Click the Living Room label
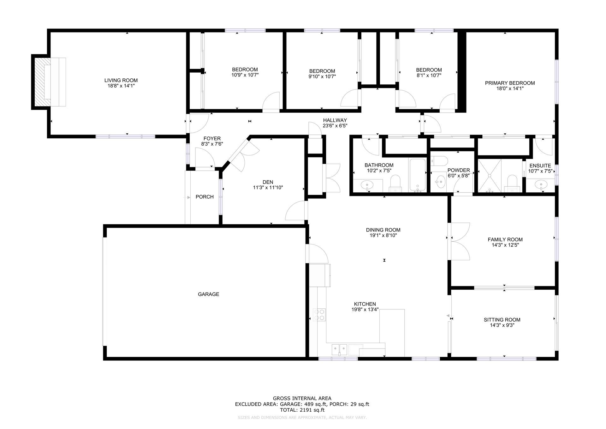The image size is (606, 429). (x=121, y=80)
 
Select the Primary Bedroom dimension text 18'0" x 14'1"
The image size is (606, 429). (x=510, y=89)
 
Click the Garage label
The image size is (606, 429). (x=208, y=294)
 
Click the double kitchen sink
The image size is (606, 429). (x=339, y=349)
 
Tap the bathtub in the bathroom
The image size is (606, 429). (x=418, y=175)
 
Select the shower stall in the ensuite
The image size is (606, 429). (x=490, y=176)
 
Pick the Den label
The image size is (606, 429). (x=268, y=182)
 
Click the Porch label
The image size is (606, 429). (x=205, y=197)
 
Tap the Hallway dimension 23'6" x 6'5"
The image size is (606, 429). (x=335, y=126)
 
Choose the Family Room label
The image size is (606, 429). (x=505, y=239)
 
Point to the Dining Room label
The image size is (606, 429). (x=383, y=230)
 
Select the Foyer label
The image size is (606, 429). (x=212, y=138)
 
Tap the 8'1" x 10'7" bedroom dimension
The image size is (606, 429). (x=429, y=76)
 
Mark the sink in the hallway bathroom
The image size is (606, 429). (x=367, y=184)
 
